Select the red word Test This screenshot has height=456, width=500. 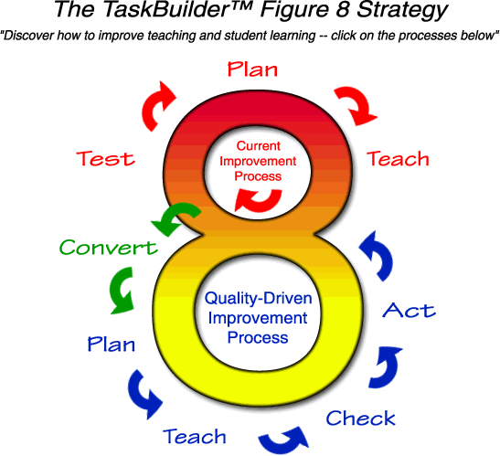click(104, 158)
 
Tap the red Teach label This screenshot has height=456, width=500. click(398, 158)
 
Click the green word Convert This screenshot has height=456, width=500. click(108, 247)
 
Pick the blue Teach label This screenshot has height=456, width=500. click(195, 435)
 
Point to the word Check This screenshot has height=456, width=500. click(361, 419)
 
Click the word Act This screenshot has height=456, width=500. click(409, 311)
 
